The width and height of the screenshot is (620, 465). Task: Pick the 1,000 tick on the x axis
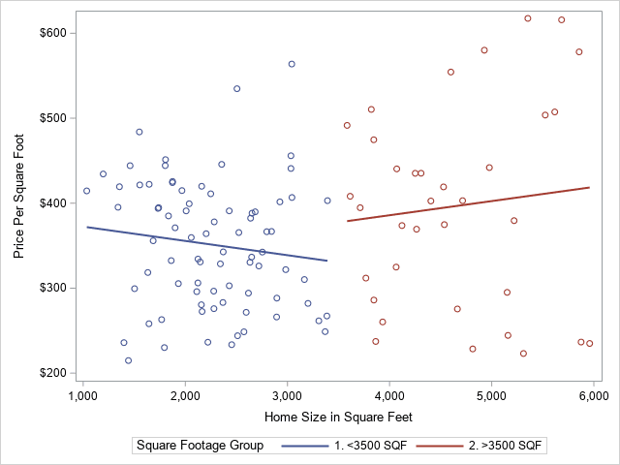point(82,396)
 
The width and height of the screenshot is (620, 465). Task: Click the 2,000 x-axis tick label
point(185,396)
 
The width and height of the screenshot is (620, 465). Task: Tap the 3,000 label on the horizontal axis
point(287,396)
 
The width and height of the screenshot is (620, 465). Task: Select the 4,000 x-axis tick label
point(389,396)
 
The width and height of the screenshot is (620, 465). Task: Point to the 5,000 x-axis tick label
point(491,396)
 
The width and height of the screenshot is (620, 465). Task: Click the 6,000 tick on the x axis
point(593,396)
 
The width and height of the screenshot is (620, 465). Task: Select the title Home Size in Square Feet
point(338,417)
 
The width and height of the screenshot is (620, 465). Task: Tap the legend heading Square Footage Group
point(200,446)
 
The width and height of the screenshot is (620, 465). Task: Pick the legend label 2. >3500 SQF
point(506,446)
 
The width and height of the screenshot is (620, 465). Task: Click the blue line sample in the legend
point(300,446)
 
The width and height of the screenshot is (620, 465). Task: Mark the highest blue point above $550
point(292,64)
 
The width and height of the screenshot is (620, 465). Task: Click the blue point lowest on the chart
point(128,360)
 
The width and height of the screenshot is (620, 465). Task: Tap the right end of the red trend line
point(589,188)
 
